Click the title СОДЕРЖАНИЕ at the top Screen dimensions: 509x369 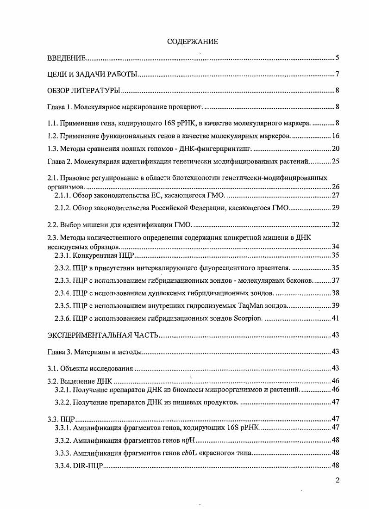[192, 42]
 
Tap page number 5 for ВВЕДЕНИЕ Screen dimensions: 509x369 [338, 58]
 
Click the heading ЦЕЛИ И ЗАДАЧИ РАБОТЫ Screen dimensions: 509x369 [91, 74]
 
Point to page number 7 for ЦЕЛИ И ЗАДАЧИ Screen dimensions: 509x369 [338, 74]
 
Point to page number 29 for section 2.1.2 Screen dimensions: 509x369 [336, 208]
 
